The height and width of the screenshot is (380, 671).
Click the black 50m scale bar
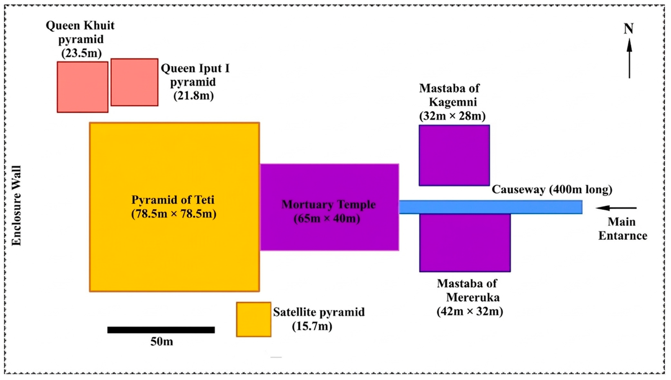tap(161, 330)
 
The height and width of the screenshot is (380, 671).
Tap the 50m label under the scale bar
tap(162, 342)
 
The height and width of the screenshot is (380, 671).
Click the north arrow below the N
tap(629, 58)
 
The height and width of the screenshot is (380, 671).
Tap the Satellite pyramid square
tap(254, 320)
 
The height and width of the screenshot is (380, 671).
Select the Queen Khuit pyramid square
tap(83, 87)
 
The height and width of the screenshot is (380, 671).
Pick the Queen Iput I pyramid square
tap(134, 82)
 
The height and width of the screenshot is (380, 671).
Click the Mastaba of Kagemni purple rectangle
tap(454, 155)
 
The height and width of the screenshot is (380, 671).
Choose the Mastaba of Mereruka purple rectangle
tap(465, 243)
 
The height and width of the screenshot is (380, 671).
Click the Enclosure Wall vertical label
tap(16, 205)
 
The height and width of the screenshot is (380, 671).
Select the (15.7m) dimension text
tap(312, 326)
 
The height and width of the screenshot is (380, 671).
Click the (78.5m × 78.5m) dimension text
tap(174, 214)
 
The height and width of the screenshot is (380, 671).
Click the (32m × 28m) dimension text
tap(452, 116)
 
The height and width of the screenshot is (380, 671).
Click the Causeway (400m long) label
tap(552, 190)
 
